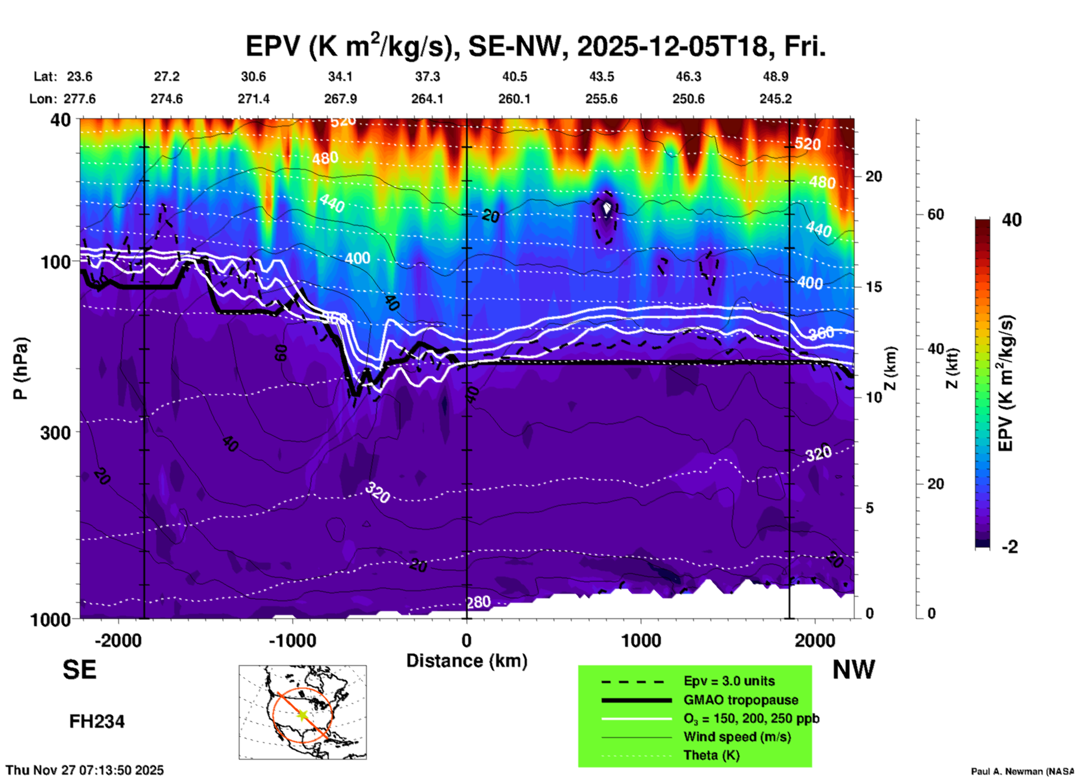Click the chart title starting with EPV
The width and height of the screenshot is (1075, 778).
535,46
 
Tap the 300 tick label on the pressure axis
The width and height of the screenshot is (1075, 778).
55,433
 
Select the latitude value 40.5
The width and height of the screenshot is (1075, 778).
514,76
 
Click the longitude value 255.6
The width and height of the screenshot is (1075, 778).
601,99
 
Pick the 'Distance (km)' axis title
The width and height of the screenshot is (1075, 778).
467,661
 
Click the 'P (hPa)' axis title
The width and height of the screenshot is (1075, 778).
21,368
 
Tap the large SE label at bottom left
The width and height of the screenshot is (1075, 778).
79,670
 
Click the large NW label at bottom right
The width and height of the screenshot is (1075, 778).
853,670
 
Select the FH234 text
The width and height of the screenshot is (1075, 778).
97,722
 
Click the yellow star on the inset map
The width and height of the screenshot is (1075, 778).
303,714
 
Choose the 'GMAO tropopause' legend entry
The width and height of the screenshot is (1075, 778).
741,700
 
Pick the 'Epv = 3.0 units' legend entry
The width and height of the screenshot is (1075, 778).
729,681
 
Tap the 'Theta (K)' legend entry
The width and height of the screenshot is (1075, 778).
711,755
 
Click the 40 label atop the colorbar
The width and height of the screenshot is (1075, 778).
1011,220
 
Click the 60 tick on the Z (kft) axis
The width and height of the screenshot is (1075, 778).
935,214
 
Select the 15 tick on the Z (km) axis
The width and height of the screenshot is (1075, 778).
874,287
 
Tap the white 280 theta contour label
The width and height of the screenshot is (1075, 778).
478,602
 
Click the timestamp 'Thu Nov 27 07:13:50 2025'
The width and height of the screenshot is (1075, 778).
85,770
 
